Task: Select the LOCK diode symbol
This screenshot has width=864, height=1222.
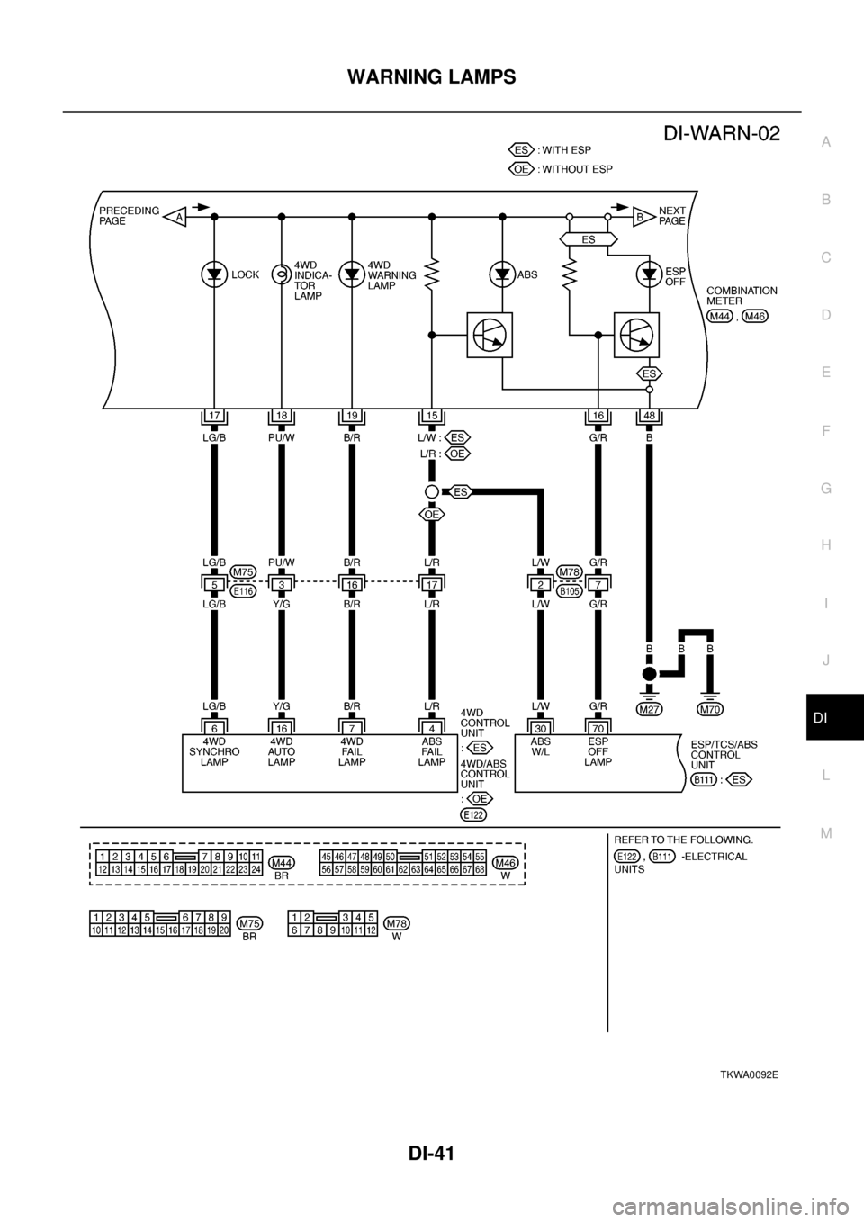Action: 214,274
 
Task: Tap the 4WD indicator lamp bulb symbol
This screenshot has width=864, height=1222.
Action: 281,274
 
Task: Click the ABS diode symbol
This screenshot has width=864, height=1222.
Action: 502,274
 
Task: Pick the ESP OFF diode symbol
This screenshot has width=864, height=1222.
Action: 648,274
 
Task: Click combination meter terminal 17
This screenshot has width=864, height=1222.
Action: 213,415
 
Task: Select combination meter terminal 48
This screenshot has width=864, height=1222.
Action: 648,415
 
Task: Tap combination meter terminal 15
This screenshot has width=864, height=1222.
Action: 432,415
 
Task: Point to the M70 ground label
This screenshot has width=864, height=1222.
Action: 710,709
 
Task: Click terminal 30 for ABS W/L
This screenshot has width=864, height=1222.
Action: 539,726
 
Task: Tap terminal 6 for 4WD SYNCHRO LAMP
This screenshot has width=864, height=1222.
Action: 213,726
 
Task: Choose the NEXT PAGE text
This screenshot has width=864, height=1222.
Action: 672,216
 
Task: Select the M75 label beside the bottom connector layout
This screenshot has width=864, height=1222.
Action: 249,923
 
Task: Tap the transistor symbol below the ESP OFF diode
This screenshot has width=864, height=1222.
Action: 635,335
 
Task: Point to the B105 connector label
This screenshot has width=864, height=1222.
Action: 568,592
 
